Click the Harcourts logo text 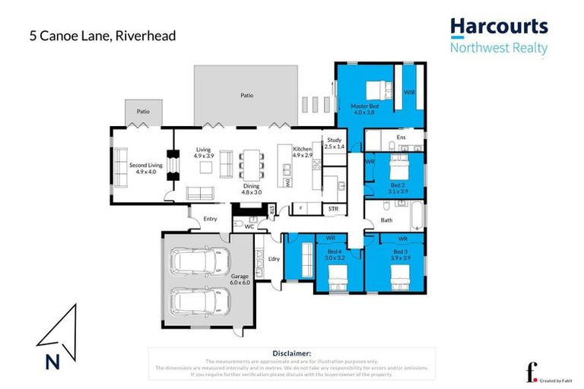pyautogui.click(x=498, y=27)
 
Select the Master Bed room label pyautogui.click(x=365, y=109)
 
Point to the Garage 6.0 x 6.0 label pyautogui.click(x=240, y=280)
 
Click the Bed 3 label pyautogui.click(x=401, y=254)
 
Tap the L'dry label pyautogui.click(x=275, y=259)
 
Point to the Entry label pyautogui.click(x=211, y=220)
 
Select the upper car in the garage pyautogui.click(x=198, y=263)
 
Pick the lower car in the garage pyautogui.click(x=198, y=301)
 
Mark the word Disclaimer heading pyautogui.click(x=291, y=353)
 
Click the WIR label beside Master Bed pyautogui.click(x=409, y=92)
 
